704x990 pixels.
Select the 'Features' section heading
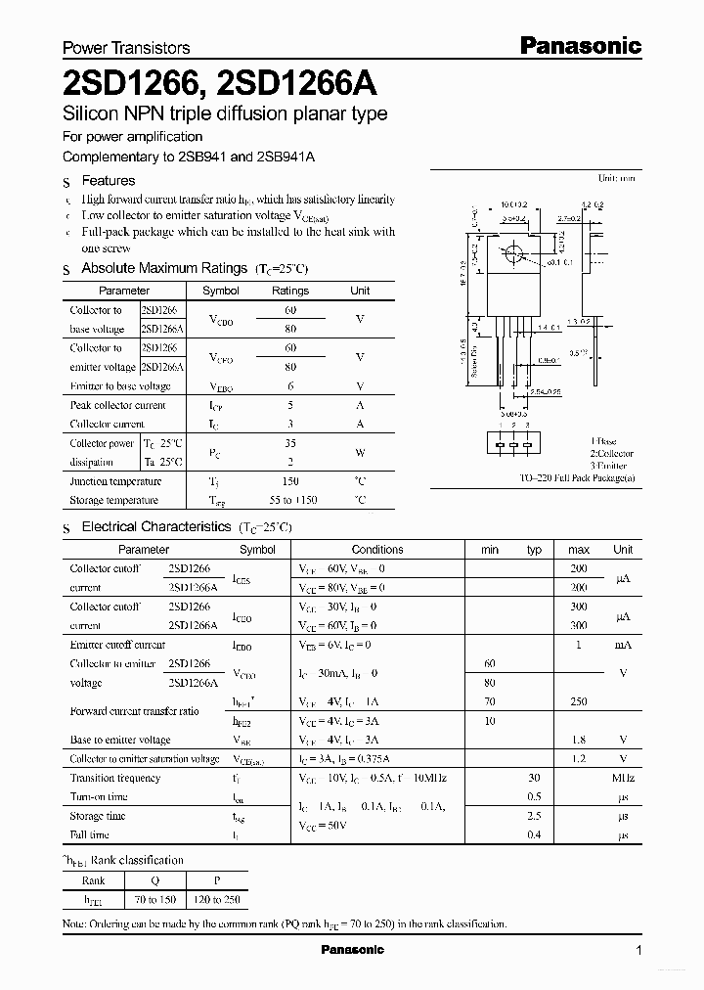click(x=108, y=181)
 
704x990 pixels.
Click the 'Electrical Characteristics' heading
click(x=155, y=527)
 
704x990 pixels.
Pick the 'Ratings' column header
click(x=290, y=291)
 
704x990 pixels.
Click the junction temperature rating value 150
click(x=290, y=481)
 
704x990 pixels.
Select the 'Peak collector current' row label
click(x=117, y=405)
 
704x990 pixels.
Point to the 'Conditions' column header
click(x=377, y=550)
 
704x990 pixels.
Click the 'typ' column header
click(x=534, y=550)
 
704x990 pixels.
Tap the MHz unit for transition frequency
click(x=622, y=779)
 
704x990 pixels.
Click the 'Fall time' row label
click(x=90, y=835)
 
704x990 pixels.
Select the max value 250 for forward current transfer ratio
click(x=578, y=701)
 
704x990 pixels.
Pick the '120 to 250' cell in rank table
click(x=217, y=899)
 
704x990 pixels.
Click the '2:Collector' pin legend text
click(x=610, y=454)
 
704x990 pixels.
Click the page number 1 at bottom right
click(x=638, y=950)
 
